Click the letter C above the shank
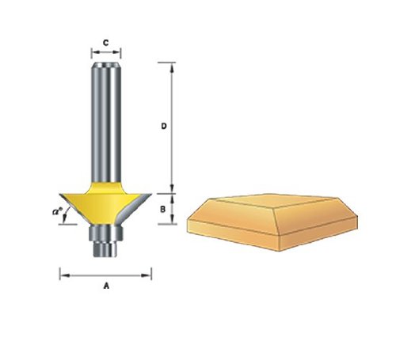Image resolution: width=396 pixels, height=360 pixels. tap(106, 43)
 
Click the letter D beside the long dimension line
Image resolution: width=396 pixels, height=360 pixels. tap(164, 127)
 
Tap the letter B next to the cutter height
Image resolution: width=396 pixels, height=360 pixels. tap(163, 210)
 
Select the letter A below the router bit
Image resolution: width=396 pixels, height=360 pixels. tap(106, 286)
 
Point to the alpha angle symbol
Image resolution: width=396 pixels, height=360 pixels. tap(57, 211)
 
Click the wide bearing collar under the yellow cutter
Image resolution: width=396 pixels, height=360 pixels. tap(105, 233)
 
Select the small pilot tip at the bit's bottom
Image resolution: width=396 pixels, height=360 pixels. tap(105, 249)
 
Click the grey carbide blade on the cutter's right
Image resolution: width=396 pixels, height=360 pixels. tap(133, 207)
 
